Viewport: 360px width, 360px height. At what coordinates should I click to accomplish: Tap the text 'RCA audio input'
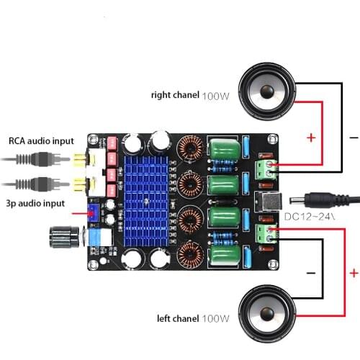click(x=40, y=140)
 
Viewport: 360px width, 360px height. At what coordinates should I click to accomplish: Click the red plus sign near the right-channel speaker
click(x=311, y=138)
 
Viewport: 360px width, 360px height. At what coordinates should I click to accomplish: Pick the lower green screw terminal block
click(x=265, y=232)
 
